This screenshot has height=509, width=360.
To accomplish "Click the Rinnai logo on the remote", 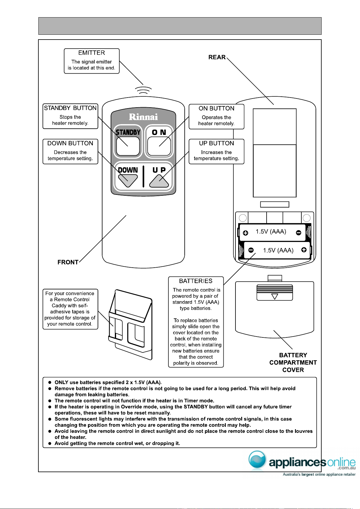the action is click(143, 117).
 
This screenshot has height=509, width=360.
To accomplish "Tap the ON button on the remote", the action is click(159, 146).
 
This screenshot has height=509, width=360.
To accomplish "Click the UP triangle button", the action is click(159, 181).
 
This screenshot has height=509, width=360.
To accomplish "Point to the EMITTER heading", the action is click(92, 53).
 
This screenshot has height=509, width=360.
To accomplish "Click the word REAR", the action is click(217, 57).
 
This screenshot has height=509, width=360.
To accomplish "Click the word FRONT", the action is click(68, 262).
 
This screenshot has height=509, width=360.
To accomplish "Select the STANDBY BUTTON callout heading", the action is click(70, 108).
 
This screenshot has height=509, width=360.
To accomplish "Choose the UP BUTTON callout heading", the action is click(216, 143).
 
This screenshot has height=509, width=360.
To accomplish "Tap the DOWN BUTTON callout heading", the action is click(70, 143).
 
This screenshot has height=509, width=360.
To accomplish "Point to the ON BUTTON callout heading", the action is click(216, 108).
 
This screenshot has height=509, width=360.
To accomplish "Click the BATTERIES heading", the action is click(196, 281).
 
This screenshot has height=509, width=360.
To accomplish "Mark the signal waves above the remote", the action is click(143, 90).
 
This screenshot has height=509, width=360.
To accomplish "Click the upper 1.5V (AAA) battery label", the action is click(271, 232).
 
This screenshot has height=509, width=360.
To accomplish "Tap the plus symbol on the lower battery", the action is click(304, 250).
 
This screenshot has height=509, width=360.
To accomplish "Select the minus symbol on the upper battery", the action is click(299, 233).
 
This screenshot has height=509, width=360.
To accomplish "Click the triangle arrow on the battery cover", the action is click(275, 297).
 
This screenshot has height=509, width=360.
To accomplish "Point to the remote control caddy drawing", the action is click(130, 324).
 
